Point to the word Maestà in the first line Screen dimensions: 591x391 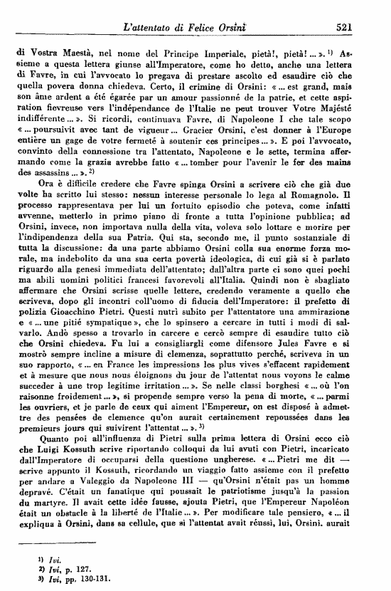pos(78,52)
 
